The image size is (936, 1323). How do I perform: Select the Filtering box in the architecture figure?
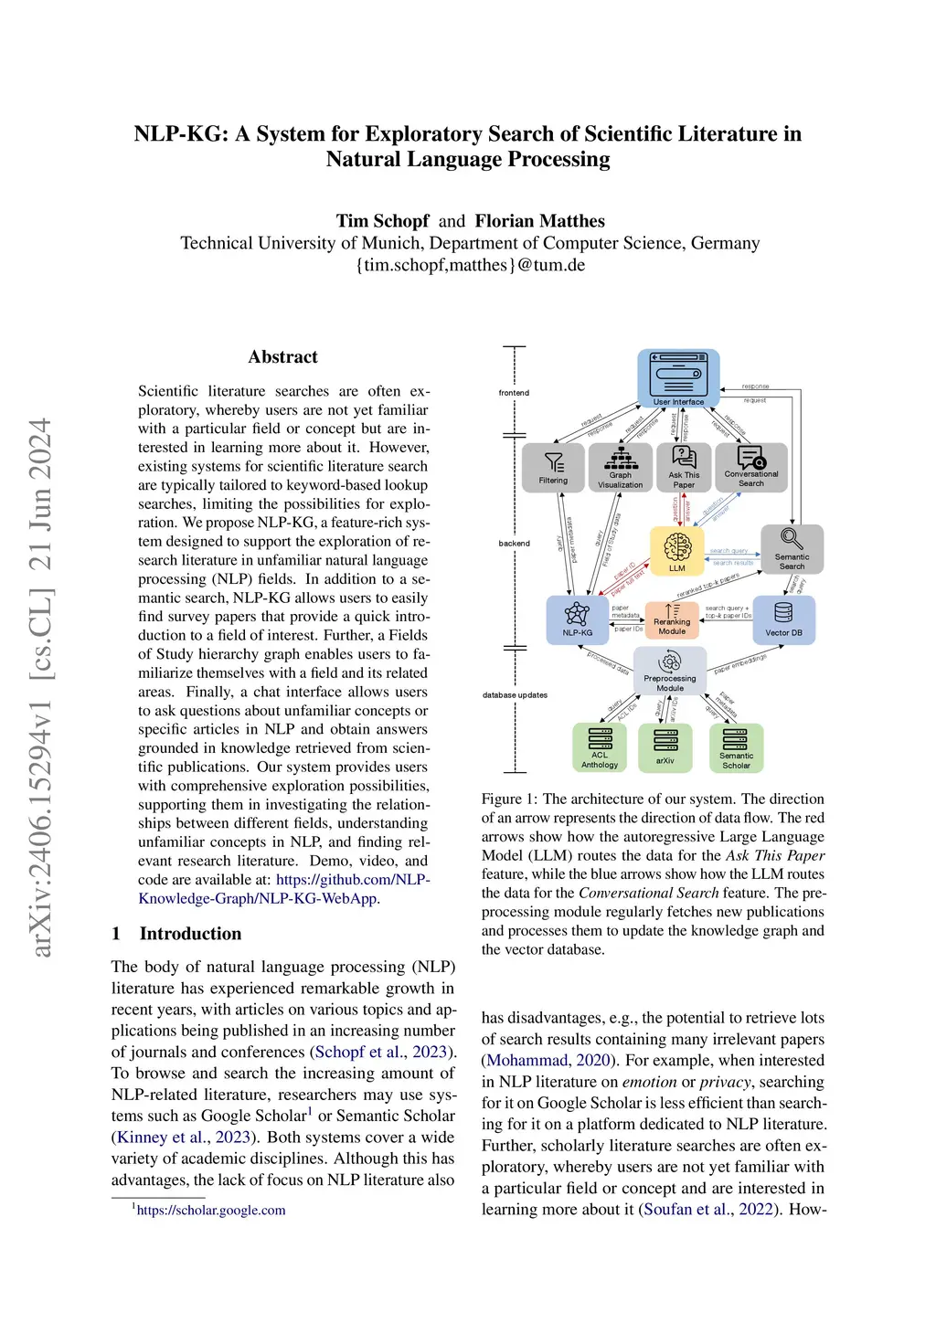click(553, 467)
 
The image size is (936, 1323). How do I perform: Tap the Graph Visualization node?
click(621, 467)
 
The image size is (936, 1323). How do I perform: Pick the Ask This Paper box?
click(684, 467)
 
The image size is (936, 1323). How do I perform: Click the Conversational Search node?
click(751, 467)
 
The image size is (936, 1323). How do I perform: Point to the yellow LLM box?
click(677, 551)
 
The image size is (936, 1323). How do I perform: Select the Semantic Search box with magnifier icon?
click(792, 549)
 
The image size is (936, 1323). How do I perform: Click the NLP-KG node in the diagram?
click(577, 619)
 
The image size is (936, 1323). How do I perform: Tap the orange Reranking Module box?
click(672, 619)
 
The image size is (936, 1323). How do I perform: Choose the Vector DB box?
click(783, 619)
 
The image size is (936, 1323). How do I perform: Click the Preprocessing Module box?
click(670, 671)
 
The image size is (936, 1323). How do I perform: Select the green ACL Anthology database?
click(600, 747)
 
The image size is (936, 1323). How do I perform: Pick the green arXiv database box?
click(665, 747)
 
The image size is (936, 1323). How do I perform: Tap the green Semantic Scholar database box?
click(736, 747)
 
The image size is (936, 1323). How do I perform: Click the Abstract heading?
click(282, 357)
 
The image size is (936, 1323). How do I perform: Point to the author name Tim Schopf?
click(382, 221)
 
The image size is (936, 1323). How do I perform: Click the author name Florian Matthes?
click(539, 221)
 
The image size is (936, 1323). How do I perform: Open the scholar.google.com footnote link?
click(211, 1211)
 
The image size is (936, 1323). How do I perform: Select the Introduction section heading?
click(190, 934)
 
